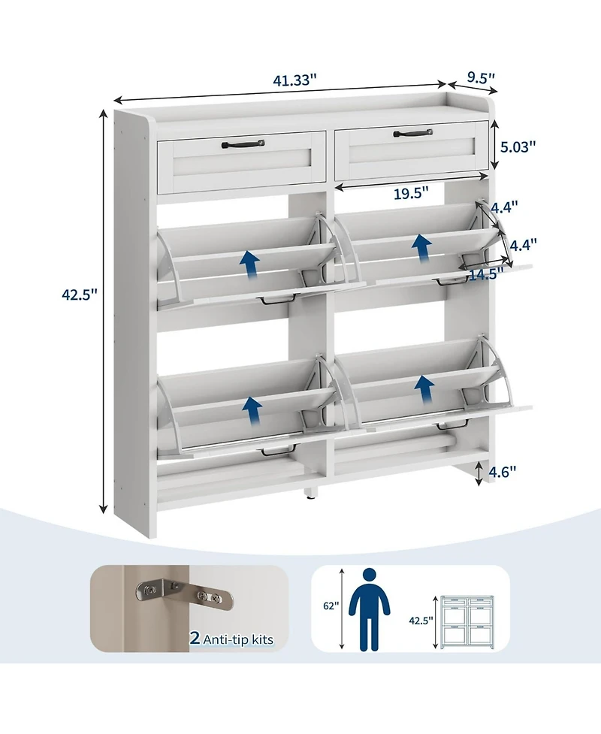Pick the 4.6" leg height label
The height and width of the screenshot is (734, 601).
point(503,472)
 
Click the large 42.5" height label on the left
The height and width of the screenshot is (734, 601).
point(80,295)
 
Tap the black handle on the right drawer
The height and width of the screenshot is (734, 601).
point(412,134)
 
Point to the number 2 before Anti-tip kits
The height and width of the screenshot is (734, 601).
point(194,639)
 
